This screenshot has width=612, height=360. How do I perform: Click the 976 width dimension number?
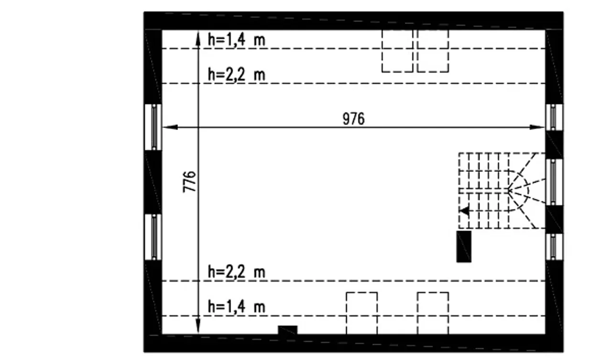point(353,119)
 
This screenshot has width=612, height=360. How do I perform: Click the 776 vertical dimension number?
point(189,182)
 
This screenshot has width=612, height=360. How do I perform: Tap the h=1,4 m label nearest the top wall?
point(237,40)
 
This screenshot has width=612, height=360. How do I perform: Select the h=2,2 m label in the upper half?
point(237,74)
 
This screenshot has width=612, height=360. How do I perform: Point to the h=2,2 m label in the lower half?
point(237,272)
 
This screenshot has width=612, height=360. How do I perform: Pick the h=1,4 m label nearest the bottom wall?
point(237,306)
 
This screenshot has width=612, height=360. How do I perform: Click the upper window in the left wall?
point(153,127)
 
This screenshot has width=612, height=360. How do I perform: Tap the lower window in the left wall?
point(153,237)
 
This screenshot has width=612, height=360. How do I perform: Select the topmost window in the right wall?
point(554,117)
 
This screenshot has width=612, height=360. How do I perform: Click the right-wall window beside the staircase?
point(554,182)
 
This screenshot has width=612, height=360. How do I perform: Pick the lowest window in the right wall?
point(554,247)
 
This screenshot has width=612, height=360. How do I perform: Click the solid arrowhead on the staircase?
point(464,211)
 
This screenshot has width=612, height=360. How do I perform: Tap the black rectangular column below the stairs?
point(464,247)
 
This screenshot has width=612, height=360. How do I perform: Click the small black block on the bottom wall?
point(288,330)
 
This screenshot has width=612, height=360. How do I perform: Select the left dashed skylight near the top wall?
point(397,51)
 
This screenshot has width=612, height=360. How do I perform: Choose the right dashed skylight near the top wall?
point(433,51)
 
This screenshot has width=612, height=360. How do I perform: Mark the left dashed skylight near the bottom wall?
point(362,313)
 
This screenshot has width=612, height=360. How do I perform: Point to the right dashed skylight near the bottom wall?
point(433,313)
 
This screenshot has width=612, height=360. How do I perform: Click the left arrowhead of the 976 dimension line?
point(170,127)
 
